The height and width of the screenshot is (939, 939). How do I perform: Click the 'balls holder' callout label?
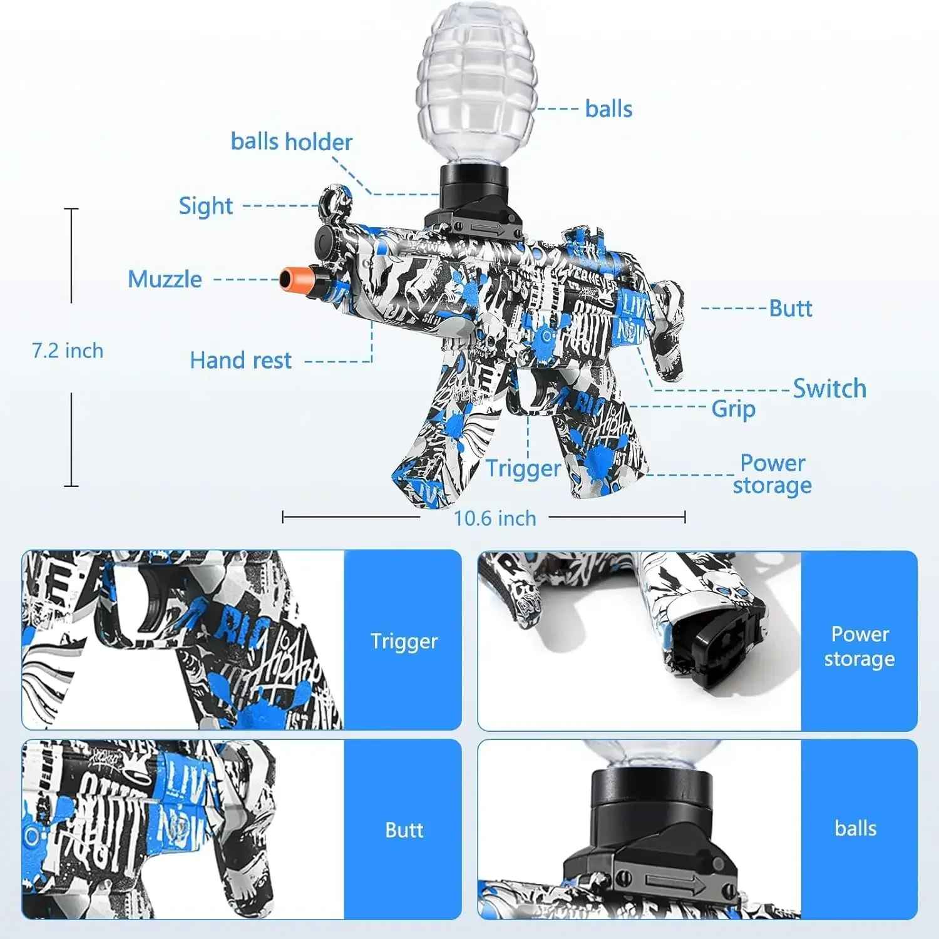[x=291, y=142]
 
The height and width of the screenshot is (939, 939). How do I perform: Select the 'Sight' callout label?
[x=205, y=206]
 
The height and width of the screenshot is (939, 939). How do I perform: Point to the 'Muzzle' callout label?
[x=165, y=279]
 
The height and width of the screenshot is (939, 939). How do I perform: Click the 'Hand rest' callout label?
[x=240, y=361]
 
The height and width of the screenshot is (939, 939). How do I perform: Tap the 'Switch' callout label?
[x=829, y=389]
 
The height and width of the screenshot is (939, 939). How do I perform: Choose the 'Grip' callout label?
[x=733, y=409]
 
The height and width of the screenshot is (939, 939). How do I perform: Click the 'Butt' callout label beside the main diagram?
[x=790, y=308]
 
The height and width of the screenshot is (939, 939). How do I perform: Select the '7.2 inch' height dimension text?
[x=68, y=351]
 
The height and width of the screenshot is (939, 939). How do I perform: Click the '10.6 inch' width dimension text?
[x=495, y=518]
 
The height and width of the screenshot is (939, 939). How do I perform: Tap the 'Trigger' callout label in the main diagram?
[x=523, y=468]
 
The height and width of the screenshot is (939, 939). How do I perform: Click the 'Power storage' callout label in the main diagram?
[x=772, y=474]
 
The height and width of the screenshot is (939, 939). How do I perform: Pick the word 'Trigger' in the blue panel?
[x=404, y=641]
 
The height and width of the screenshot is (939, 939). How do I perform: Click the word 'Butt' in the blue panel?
[x=404, y=830]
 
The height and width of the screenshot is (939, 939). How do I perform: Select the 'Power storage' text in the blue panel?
[x=859, y=647]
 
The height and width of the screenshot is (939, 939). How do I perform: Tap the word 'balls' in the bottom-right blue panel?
[x=855, y=828]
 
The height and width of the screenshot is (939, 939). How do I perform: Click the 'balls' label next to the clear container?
[x=608, y=109]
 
